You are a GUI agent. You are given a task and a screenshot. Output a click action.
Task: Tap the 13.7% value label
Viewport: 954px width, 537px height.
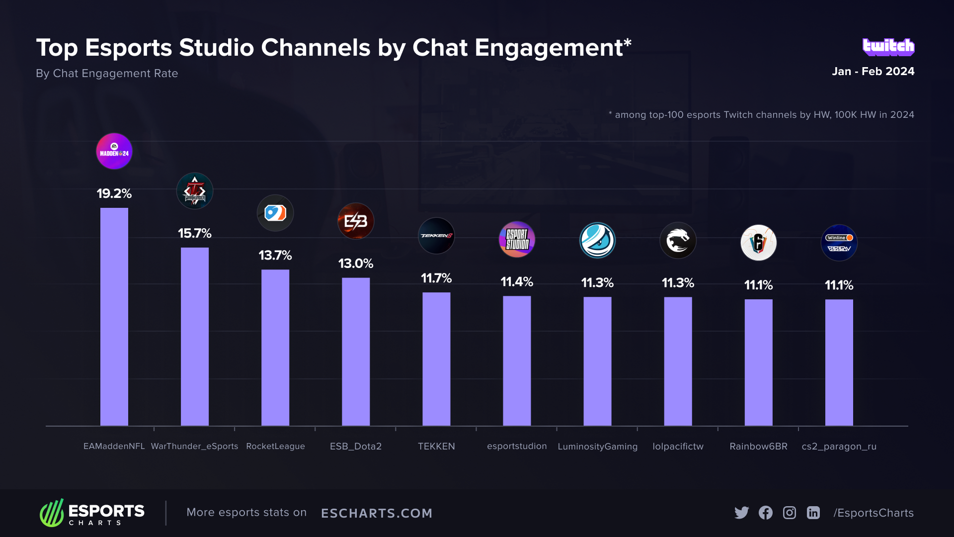point(275,256)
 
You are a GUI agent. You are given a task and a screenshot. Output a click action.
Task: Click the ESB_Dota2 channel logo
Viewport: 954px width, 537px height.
point(356,221)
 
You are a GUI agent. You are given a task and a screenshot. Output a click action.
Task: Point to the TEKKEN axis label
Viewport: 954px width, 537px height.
point(436,447)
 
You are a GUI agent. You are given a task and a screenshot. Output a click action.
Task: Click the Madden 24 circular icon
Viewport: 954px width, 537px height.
point(114,151)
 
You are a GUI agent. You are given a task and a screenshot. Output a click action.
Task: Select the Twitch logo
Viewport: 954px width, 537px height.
point(888,47)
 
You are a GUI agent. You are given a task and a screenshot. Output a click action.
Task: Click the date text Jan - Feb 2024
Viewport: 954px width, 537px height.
point(873,72)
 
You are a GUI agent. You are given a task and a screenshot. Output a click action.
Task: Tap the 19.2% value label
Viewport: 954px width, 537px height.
point(114,193)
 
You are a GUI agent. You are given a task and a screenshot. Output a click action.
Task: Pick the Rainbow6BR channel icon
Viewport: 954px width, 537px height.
point(758,243)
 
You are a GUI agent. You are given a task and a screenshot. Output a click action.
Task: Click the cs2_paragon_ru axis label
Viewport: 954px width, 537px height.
point(839,447)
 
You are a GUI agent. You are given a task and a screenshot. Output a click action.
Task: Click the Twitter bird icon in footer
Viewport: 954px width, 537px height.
point(741,513)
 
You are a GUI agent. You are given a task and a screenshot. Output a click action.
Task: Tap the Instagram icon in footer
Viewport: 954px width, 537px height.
point(790,513)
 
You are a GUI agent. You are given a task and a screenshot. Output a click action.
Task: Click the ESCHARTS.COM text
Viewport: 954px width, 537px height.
point(377,513)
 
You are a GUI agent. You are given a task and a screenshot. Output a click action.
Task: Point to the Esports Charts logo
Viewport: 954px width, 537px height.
point(92,513)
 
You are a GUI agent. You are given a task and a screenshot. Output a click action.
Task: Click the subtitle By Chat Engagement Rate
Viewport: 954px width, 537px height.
point(107,74)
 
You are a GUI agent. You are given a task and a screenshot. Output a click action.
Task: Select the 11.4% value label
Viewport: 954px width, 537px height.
point(517,282)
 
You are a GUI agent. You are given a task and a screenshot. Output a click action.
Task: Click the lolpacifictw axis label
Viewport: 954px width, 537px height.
point(678,447)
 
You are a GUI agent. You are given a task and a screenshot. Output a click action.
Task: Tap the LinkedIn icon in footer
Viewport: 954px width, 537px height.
point(813,513)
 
